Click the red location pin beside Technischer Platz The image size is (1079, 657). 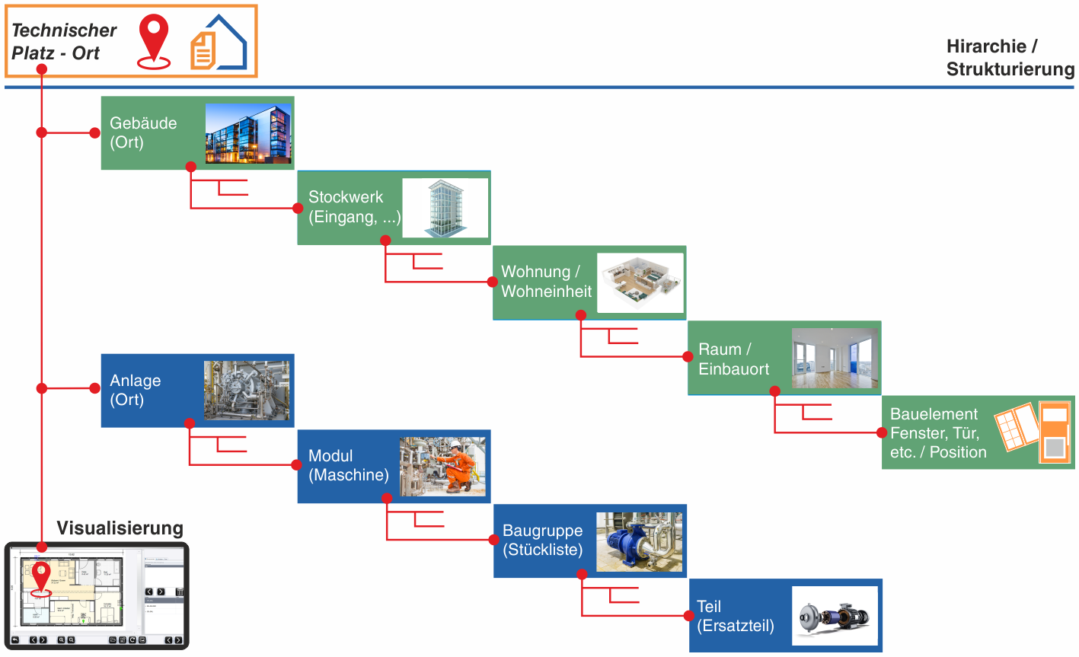(154, 40)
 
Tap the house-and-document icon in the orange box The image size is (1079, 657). (219, 43)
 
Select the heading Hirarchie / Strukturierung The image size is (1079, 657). (1009, 58)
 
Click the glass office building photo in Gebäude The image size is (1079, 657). (248, 133)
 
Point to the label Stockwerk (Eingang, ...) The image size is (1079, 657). (353, 207)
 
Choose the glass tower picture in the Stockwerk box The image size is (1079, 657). (445, 208)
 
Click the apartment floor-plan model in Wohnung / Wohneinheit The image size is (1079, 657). (640, 282)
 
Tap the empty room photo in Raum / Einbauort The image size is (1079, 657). (835, 358)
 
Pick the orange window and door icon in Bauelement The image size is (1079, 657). (1033, 432)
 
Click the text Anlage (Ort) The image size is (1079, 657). (136, 390)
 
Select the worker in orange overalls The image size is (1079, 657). (459, 465)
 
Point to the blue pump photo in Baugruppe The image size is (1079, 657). (639, 541)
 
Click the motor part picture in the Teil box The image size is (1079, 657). (835, 616)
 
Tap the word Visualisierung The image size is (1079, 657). (120, 528)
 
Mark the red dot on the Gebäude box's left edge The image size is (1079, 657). (95, 132)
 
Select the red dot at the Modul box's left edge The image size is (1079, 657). (297, 465)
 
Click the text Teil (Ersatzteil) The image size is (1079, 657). (735, 616)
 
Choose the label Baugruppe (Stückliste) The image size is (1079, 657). (542, 540)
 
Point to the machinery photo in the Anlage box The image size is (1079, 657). (247, 390)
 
